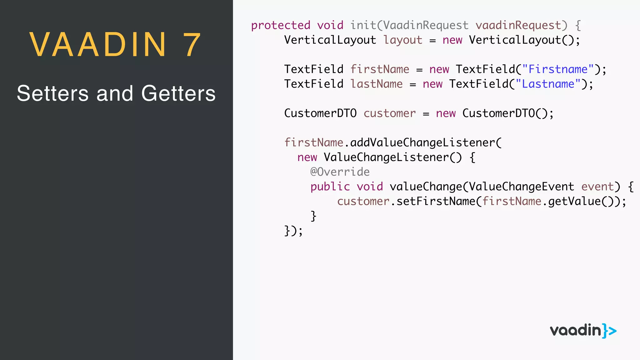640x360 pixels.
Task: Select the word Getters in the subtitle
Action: pos(178,93)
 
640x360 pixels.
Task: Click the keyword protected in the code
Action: pos(281,25)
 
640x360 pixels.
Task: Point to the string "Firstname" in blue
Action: pos(558,69)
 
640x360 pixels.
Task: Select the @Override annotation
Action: pos(340,172)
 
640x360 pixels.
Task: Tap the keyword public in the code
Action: pos(330,187)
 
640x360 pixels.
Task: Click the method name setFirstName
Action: pos(436,201)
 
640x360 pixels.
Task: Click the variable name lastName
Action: pos(376,84)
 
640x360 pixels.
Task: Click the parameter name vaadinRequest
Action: pos(518,25)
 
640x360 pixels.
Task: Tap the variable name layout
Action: pos(403,40)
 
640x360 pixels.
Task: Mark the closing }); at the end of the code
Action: pos(293,231)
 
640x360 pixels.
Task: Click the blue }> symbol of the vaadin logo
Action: pos(609,331)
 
